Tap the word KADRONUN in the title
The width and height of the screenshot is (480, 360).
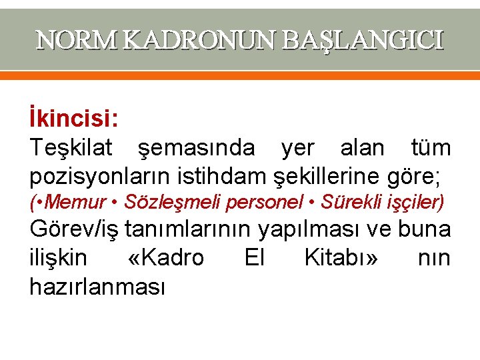[x=201, y=41]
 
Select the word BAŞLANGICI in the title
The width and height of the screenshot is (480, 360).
[x=362, y=41]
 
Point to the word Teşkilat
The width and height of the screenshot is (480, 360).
[x=70, y=147]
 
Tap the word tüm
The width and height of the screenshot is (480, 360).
[x=431, y=147]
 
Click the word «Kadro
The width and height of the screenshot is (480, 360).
[x=165, y=257]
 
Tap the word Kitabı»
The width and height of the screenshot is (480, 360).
[x=341, y=257]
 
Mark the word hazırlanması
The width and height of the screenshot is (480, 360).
[x=97, y=286]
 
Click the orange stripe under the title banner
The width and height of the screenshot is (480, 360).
[x=240, y=76]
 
